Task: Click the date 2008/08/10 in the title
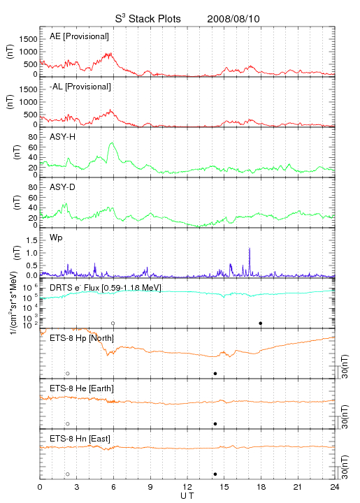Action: [x=233, y=19]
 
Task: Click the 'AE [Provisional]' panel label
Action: [x=79, y=36]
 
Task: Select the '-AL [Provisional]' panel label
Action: [x=80, y=87]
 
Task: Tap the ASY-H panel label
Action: [x=63, y=137]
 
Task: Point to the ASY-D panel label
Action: [x=63, y=187]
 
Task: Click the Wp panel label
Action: [x=56, y=238]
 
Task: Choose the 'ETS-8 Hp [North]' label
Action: [x=82, y=338]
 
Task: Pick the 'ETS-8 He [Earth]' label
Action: [x=82, y=388]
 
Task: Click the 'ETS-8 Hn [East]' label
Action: [x=80, y=439]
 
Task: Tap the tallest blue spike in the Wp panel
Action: [x=250, y=249]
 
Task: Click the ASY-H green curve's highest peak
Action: [x=112, y=143]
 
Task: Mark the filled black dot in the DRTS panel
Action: [x=261, y=323]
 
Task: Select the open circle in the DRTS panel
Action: [x=113, y=323]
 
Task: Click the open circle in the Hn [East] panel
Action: [x=68, y=474]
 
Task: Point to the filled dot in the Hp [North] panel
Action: [x=215, y=373]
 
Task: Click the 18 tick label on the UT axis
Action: [x=261, y=487]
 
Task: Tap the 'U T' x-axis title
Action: [x=187, y=496]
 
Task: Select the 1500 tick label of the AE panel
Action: [x=28, y=39]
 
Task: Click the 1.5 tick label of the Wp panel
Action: [x=31, y=240]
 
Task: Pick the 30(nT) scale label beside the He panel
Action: [x=345, y=416]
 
